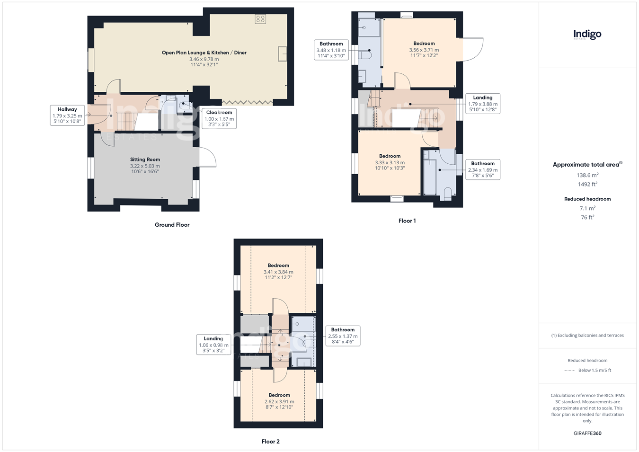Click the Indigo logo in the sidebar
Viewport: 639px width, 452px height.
pos(587,35)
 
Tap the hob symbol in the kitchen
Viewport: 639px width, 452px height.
pos(260,19)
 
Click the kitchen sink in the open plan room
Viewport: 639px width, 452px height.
pos(283,54)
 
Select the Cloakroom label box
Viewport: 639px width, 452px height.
pos(219,118)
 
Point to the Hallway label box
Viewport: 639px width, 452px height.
pos(67,115)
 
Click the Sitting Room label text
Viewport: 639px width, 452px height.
pos(145,160)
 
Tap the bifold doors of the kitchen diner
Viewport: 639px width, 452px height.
pos(247,102)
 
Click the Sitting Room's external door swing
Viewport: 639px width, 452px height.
pos(208,157)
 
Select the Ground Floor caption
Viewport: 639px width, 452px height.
pos(172,225)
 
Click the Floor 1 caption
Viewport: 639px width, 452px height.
pos(407,221)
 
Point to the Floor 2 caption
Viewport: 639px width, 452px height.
pos(270,442)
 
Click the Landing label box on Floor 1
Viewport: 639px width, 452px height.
pos(483,104)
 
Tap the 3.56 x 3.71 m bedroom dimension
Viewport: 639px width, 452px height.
pos(424,50)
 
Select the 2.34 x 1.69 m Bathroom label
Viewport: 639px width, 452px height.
pos(483,169)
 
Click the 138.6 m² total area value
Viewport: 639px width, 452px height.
pos(587,175)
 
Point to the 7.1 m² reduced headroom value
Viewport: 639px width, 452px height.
pos(587,208)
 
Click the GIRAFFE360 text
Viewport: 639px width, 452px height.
pos(587,433)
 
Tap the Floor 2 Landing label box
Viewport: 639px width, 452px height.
pos(213,345)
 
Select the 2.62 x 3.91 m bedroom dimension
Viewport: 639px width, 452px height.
pos(279,401)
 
